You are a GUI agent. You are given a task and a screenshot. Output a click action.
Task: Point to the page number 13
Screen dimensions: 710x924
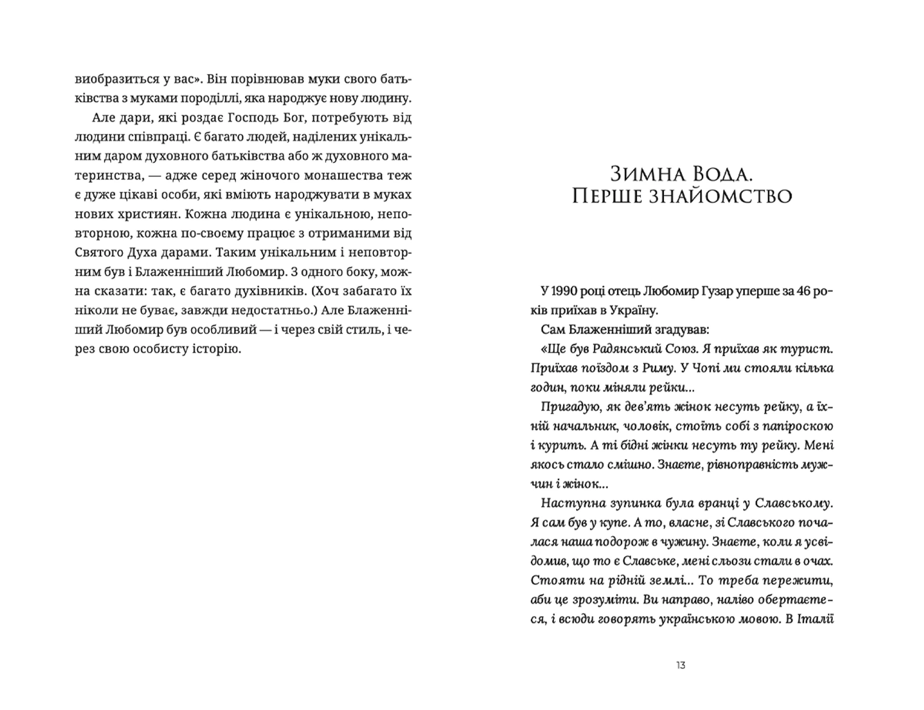[680, 665]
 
